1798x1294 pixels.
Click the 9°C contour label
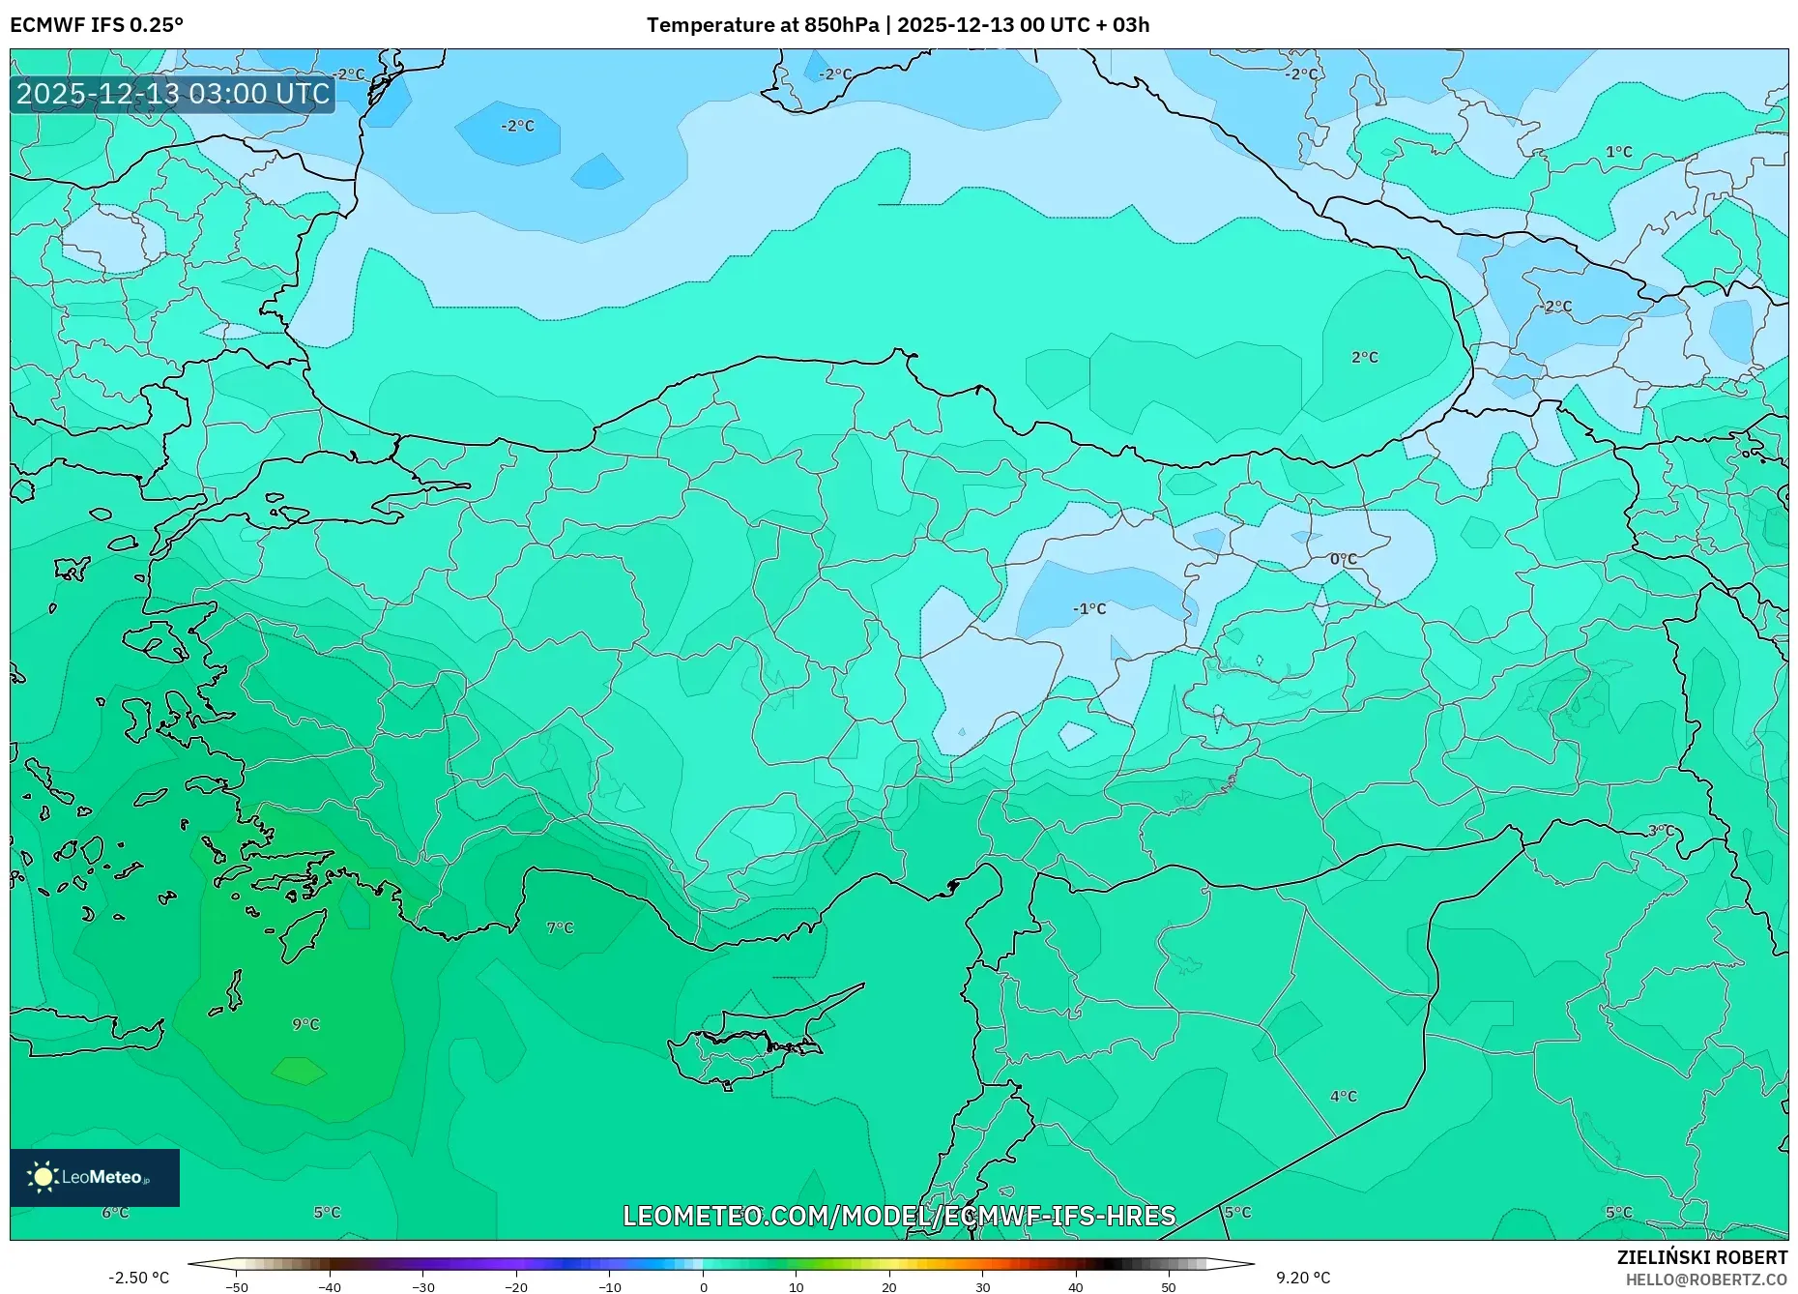[x=305, y=1024]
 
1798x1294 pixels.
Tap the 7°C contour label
[x=560, y=927]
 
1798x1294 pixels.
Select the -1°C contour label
[x=1089, y=608]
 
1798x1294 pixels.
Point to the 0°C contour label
[x=1343, y=559]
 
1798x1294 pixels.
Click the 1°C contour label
[x=1618, y=152]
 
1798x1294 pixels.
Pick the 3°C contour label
[x=1661, y=830]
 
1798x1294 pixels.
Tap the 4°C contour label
[x=1343, y=1096]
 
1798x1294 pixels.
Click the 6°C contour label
[x=115, y=1212]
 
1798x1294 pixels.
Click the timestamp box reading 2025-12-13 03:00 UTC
[x=173, y=94]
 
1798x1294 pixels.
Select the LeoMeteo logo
[x=94, y=1177]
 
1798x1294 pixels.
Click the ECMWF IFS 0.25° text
[x=96, y=25]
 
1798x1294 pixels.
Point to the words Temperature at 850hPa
[x=762, y=25]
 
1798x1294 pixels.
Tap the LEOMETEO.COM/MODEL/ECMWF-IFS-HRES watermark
[x=898, y=1216]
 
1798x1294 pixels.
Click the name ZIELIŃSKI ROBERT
[x=1701, y=1257]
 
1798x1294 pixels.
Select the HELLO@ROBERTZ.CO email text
[x=1705, y=1279]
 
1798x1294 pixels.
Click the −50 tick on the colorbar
[x=237, y=1286]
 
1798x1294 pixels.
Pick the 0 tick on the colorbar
[x=703, y=1286]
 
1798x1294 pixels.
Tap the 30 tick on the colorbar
[x=982, y=1286]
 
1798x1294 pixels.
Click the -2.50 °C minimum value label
[x=138, y=1278]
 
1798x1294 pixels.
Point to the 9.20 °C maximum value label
[x=1302, y=1278]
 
